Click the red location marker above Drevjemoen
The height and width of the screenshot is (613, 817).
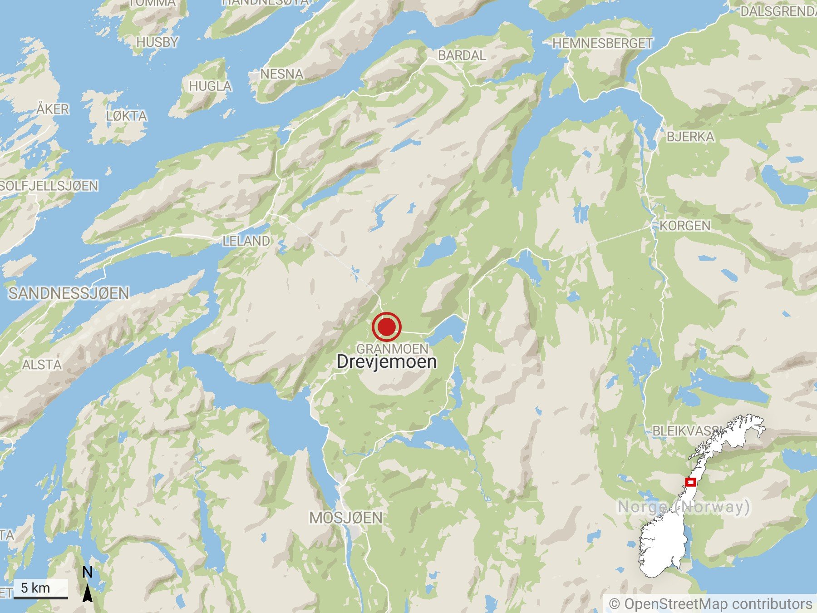coord(386,326)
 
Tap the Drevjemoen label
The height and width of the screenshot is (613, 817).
coord(387,361)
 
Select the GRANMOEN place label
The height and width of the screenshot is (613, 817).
coord(392,349)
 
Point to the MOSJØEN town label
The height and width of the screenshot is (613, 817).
coord(346,518)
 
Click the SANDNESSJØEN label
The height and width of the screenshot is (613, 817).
coord(69,293)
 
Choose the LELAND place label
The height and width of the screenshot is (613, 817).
coord(246,241)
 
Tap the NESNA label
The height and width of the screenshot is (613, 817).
coord(281,74)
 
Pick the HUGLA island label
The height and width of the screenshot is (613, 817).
coord(210,86)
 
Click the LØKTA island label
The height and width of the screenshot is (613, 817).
coord(127,116)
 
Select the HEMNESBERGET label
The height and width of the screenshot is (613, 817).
coord(602,43)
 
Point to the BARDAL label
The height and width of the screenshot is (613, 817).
coord(462,55)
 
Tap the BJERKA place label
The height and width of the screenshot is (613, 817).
coord(690,137)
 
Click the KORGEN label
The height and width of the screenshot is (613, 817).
coord(684,226)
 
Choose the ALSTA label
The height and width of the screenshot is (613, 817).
coord(42,365)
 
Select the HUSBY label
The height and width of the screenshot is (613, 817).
coord(157,42)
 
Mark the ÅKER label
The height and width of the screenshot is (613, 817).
coord(53,109)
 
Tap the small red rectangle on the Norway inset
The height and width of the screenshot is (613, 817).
coord(690,482)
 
